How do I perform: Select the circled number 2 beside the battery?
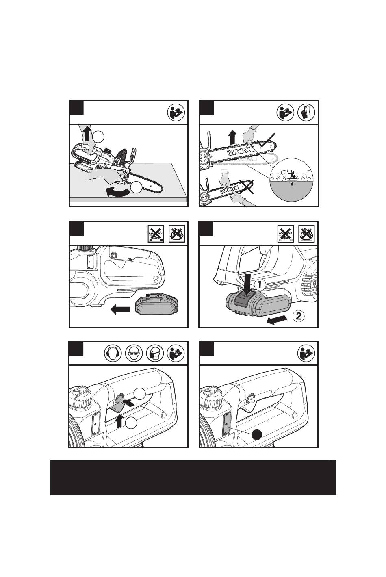pyautogui.click(x=299, y=316)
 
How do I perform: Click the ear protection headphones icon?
pyautogui.click(x=113, y=353)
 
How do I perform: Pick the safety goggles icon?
pyautogui.click(x=134, y=353)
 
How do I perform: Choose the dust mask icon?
pyautogui.click(x=155, y=353)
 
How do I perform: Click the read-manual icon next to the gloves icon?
pyautogui.click(x=286, y=112)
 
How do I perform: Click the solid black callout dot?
pyautogui.click(x=257, y=434)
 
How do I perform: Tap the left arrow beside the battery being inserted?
pyautogui.click(x=120, y=309)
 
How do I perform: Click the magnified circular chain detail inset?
pyautogui.click(x=291, y=180)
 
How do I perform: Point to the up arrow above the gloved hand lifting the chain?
pyautogui.click(x=232, y=137)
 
